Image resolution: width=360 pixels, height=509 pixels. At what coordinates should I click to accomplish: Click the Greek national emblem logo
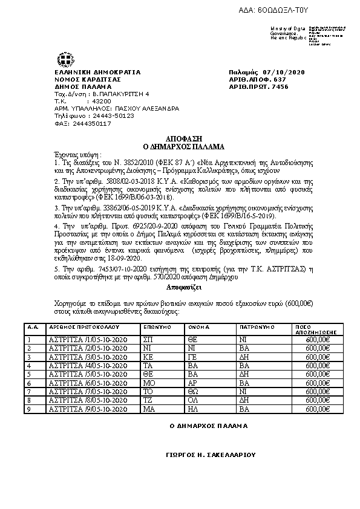coord(65,60)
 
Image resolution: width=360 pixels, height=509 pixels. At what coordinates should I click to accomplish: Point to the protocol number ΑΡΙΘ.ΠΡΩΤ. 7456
coord(263,86)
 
